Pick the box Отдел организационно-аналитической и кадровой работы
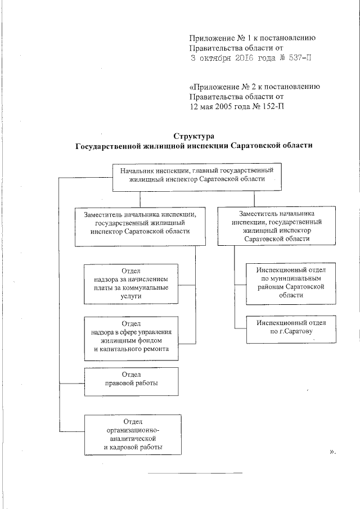[x=134, y=434]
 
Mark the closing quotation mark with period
[x=332, y=451]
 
